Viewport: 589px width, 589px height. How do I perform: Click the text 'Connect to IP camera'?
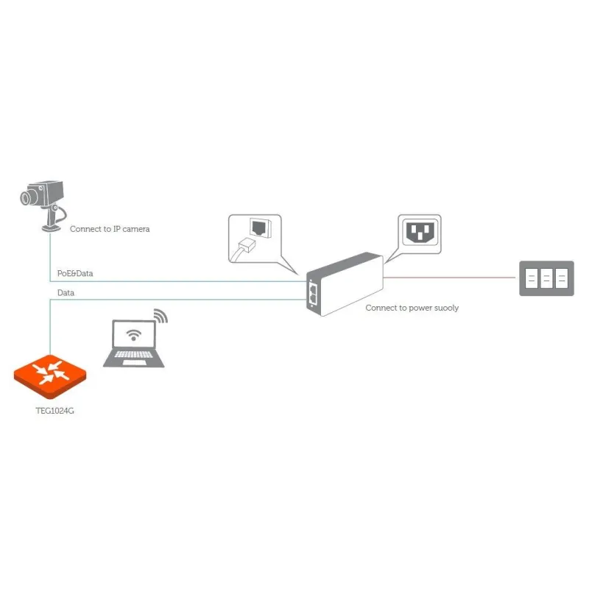(x=110, y=229)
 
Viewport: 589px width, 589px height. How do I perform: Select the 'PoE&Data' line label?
(x=75, y=273)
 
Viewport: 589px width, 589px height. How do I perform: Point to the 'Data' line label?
(x=66, y=293)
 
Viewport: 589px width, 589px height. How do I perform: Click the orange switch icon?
(x=50, y=373)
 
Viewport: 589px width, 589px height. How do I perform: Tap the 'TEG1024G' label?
(x=50, y=411)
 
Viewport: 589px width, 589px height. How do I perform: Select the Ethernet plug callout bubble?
(x=255, y=238)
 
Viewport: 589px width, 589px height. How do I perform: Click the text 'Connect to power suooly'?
(x=412, y=308)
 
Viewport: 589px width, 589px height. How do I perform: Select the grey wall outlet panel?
(x=546, y=278)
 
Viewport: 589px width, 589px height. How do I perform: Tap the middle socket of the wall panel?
(x=546, y=278)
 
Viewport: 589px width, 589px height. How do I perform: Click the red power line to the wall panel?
(x=449, y=278)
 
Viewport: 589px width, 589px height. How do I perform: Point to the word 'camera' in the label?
(x=135, y=229)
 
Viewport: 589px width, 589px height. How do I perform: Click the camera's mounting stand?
(x=52, y=219)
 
